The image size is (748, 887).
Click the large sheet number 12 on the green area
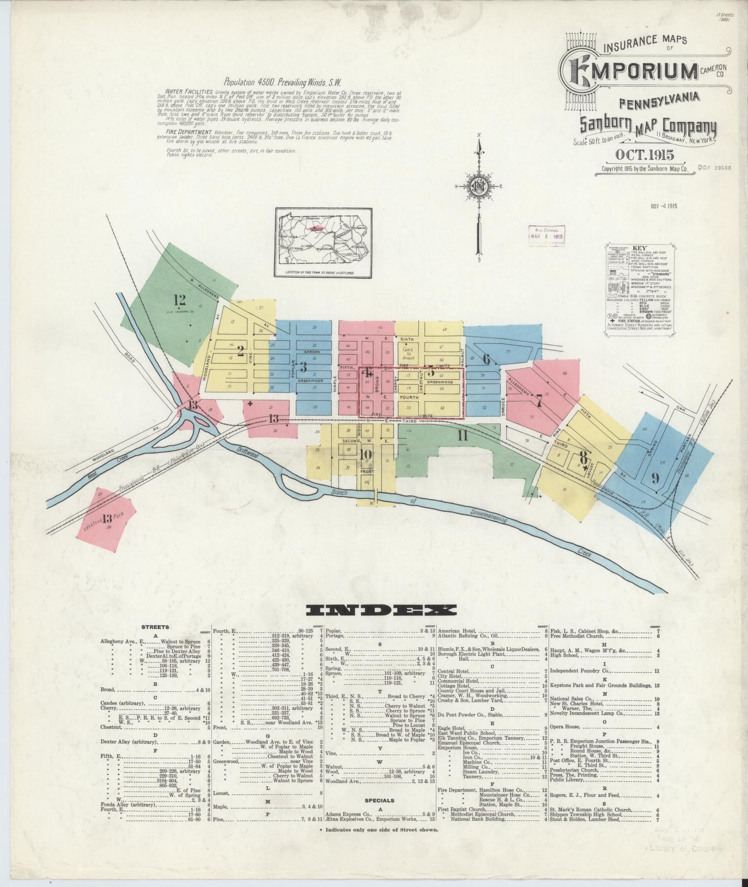[x=180, y=300]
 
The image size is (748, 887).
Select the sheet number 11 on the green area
[x=462, y=436]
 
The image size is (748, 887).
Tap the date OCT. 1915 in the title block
[x=644, y=155]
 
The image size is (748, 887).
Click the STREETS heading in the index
[x=155, y=627]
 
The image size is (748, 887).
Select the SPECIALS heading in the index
[x=380, y=801]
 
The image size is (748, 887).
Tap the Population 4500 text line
[x=282, y=82]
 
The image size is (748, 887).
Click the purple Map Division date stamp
[x=547, y=235]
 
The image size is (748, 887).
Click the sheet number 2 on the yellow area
[x=240, y=350]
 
